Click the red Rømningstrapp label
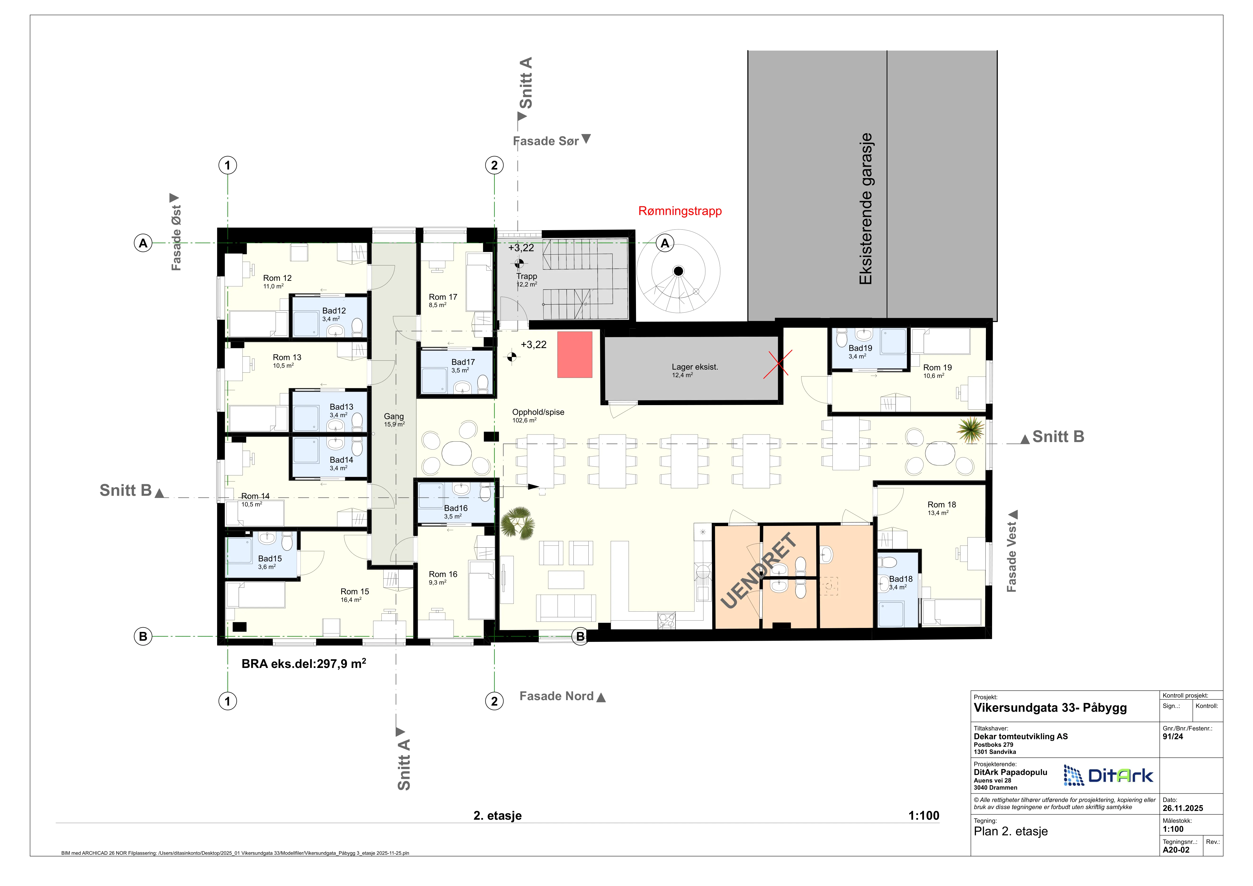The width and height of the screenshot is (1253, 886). pyautogui.click(x=680, y=211)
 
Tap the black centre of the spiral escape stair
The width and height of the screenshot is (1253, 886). pyautogui.click(x=678, y=271)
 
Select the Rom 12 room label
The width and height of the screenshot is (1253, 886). pyautogui.click(x=277, y=278)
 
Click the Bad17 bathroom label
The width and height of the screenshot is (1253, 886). pyautogui.click(x=463, y=362)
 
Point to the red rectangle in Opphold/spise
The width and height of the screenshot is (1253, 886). pyautogui.click(x=575, y=355)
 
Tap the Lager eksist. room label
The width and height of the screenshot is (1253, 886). pyautogui.click(x=695, y=367)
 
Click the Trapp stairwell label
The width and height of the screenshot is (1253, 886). pyautogui.click(x=527, y=277)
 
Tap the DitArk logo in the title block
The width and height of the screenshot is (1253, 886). pyautogui.click(x=1108, y=775)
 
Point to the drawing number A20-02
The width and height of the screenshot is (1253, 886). pyautogui.click(x=1176, y=850)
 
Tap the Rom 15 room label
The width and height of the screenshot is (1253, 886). pyautogui.click(x=355, y=592)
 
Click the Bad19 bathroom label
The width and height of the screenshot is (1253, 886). pyautogui.click(x=860, y=348)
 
